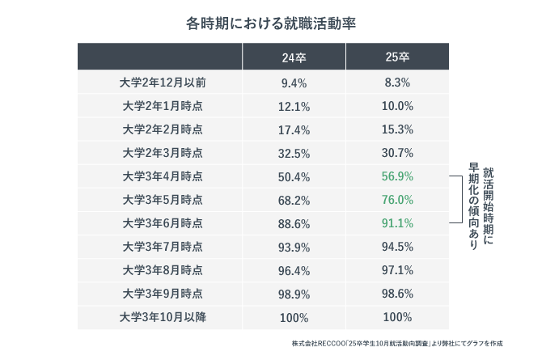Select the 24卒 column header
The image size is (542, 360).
click(x=294, y=57)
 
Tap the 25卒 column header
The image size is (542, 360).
click(x=397, y=57)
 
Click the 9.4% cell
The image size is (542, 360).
click(x=294, y=83)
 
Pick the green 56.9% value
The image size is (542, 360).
click(x=398, y=176)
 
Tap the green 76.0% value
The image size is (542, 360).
click(x=398, y=200)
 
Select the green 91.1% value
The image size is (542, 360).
click(x=398, y=223)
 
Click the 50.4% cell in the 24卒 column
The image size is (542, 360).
click(x=294, y=176)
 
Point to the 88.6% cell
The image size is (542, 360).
click(x=294, y=223)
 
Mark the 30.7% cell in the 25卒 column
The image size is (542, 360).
click(x=398, y=153)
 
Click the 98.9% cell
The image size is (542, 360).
click(x=294, y=294)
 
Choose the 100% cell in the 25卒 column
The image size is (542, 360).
click(x=398, y=317)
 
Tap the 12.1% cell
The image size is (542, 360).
click(x=294, y=106)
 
